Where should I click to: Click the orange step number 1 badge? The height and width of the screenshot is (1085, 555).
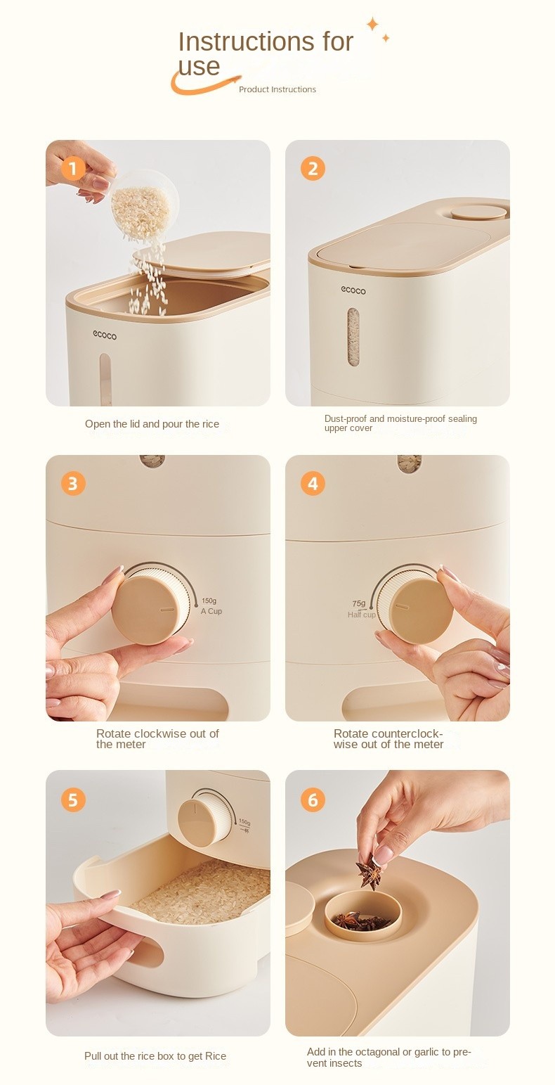(73, 168)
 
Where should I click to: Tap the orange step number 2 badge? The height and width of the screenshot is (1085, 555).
(313, 168)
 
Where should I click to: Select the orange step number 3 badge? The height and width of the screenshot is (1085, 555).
(73, 483)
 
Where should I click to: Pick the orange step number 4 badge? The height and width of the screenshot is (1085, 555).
(313, 483)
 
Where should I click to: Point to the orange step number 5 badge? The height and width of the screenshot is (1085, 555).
(73, 800)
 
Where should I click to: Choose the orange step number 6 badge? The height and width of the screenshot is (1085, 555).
(313, 800)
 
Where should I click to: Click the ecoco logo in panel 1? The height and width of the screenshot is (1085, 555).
(105, 335)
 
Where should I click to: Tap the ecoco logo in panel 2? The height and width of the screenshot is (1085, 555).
(353, 290)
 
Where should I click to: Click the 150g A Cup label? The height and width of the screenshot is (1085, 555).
(211, 606)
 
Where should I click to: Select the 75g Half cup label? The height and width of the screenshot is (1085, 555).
(361, 609)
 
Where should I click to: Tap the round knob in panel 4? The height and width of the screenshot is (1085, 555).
(416, 608)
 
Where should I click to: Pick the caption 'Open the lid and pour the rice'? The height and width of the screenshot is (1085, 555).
(152, 424)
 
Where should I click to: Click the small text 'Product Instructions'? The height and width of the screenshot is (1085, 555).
(277, 89)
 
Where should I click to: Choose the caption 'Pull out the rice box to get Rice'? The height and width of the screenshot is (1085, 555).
(155, 1056)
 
